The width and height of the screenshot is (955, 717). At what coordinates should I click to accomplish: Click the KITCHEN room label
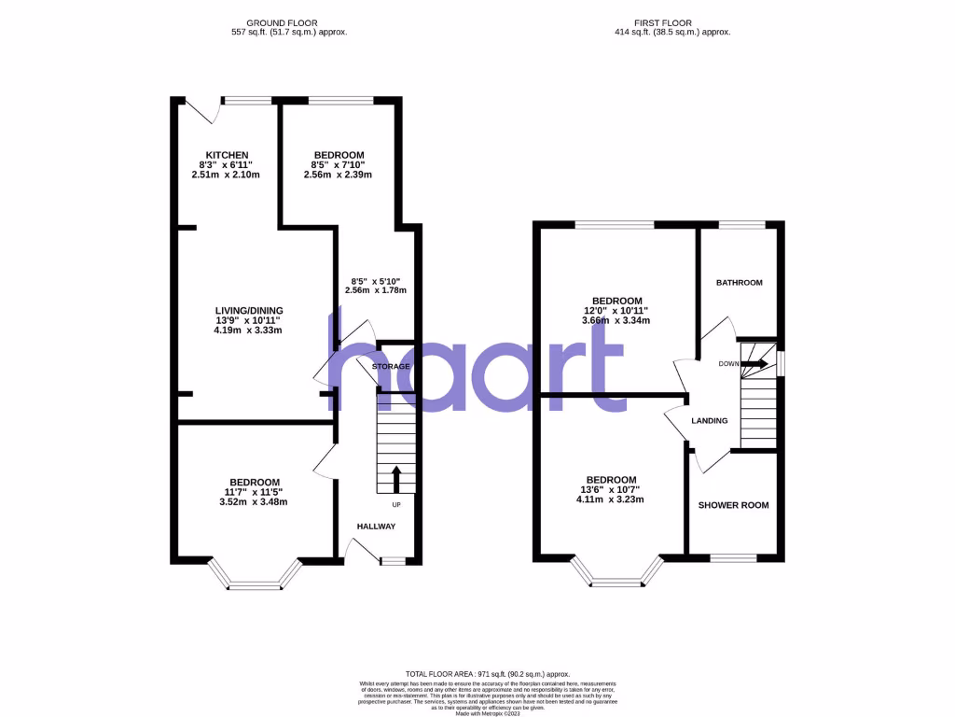click(228, 155)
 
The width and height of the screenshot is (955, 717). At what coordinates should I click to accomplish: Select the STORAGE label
click(391, 367)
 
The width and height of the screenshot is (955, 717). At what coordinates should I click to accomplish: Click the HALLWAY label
click(376, 527)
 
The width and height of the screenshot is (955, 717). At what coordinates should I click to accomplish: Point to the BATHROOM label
click(739, 283)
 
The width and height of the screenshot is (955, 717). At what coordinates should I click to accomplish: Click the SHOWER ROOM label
click(734, 505)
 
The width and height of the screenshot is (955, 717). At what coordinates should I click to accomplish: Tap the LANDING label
click(709, 421)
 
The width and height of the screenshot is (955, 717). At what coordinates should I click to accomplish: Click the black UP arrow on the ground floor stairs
click(395, 479)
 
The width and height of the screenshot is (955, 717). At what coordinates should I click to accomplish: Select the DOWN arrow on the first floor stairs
click(756, 363)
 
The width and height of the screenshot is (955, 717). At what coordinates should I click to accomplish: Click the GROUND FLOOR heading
click(288, 21)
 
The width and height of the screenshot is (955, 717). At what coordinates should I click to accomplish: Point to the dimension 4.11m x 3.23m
click(610, 499)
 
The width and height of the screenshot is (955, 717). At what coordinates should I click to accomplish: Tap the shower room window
click(734, 558)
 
